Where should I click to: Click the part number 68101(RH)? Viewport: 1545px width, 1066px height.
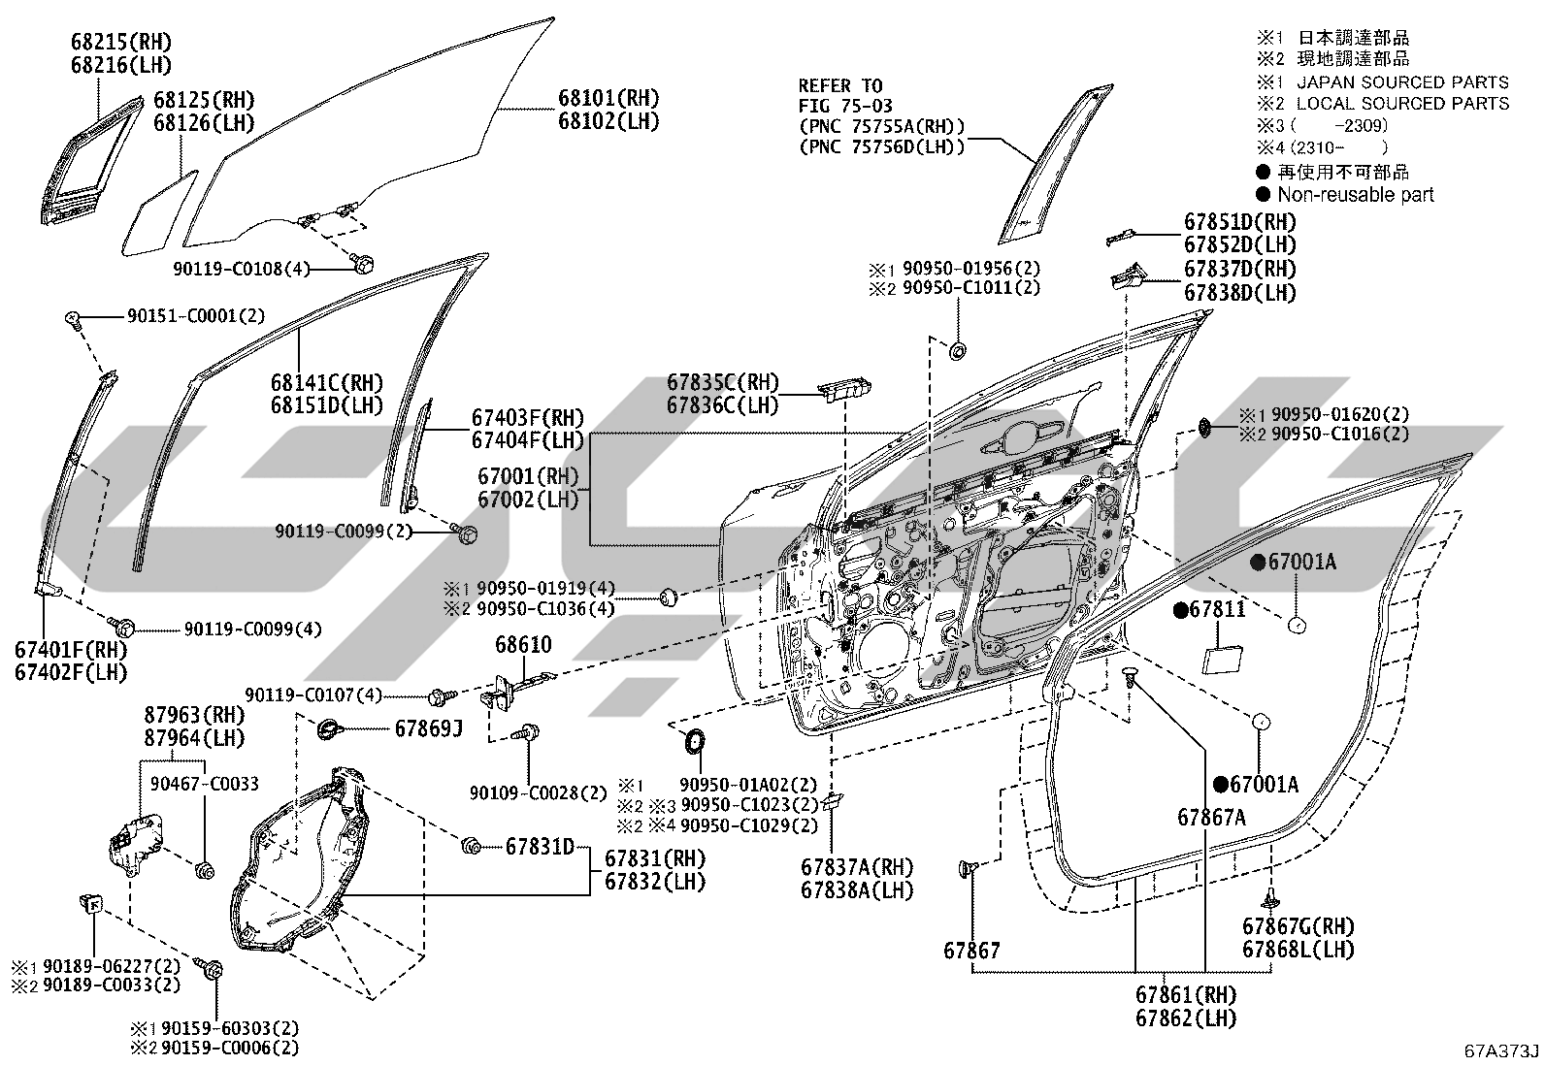coord(608,98)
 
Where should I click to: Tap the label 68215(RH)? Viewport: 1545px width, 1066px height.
coord(121,42)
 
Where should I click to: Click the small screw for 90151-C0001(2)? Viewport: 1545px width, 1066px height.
coord(72,318)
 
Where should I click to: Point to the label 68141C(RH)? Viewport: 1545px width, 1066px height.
coord(327,382)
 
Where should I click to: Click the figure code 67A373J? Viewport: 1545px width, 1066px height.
coord(1501,1050)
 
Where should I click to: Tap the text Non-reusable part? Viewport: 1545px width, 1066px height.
coord(1356,194)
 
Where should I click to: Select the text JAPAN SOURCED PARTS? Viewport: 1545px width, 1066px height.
coord(1403,82)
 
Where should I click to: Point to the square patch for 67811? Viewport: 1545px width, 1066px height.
coord(1222,660)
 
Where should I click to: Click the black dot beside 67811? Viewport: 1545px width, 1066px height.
coord(1180,609)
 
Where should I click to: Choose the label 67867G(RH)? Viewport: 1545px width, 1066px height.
coord(1298,926)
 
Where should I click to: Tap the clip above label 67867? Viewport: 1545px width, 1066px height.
coord(967,869)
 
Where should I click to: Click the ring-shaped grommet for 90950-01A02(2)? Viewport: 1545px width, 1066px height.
coord(694,741)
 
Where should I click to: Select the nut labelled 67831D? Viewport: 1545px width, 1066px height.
coord(471,846)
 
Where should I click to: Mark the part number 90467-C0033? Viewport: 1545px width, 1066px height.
coord(205,784)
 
